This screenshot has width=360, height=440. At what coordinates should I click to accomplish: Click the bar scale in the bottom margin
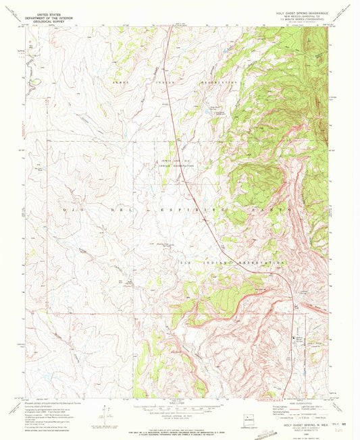pyautogui.click(x=180, y=407)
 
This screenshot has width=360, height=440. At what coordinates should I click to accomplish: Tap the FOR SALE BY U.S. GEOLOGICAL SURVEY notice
pyautogui.click(x=180, y=424)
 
